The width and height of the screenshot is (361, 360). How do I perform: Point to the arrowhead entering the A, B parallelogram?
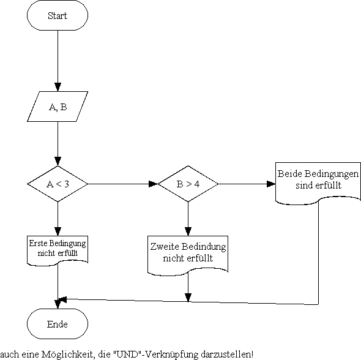click(x=58, y=87)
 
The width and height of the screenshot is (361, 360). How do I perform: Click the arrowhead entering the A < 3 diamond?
click(x=58, y=162)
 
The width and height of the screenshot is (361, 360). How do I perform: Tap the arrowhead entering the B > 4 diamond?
click(x=154, y=184)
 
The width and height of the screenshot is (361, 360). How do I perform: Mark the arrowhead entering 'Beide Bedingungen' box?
click(x=271, y=184)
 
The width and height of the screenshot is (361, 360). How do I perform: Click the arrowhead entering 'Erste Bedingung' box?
click(x=58, y=231)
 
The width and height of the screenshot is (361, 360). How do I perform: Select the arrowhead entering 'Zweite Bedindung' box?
click(x=188, y=231)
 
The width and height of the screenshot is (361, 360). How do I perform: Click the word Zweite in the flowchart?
click(x=165, y=247)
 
